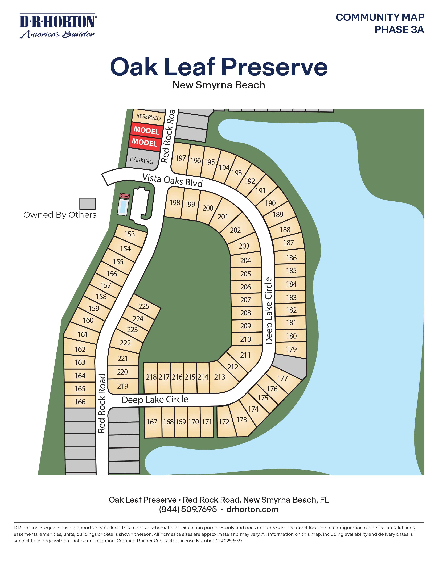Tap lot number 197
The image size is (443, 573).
181,158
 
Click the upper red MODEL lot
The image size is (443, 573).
146,130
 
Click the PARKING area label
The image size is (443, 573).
141,160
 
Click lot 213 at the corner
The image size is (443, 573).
219,377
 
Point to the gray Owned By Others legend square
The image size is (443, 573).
87,204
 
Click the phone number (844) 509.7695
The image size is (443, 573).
188,509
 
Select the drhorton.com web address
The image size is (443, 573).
252,509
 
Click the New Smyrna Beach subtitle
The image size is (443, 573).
219,85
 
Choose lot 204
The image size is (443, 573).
245,260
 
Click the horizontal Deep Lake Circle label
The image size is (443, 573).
155,400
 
